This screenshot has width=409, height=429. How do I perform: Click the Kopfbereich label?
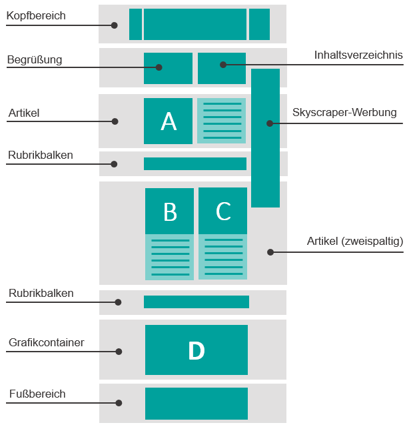(36, 16)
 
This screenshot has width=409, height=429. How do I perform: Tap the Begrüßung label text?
(35, 59)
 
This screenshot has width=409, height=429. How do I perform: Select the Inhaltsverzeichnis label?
(358, 55)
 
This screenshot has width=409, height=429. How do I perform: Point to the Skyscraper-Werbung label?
(344, 113)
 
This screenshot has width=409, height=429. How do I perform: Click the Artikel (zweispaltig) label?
(355, 241)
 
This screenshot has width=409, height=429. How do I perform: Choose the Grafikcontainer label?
(47, 342)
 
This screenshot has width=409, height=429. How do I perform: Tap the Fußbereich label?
(37, 394)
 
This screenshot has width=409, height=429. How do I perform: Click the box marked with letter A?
(168, 121)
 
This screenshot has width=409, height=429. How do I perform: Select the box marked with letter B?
(169, 211)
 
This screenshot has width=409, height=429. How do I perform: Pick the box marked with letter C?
(222, 211)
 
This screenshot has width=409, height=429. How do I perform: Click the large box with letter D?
(197, 350)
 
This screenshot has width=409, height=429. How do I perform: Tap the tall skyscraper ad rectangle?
(265, 138)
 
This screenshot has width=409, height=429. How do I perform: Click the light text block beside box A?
(222, 121)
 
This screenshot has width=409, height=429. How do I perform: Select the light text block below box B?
(169, 257)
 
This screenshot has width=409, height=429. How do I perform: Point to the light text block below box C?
(222, 257)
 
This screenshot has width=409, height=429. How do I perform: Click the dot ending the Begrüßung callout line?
(159, 67)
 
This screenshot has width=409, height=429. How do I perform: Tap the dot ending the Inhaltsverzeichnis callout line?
(223, 65)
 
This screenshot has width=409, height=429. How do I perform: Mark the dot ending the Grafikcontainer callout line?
(119, 352)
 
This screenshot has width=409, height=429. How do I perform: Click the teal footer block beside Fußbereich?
(197, 404)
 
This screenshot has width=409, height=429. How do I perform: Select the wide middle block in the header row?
(195, 24)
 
